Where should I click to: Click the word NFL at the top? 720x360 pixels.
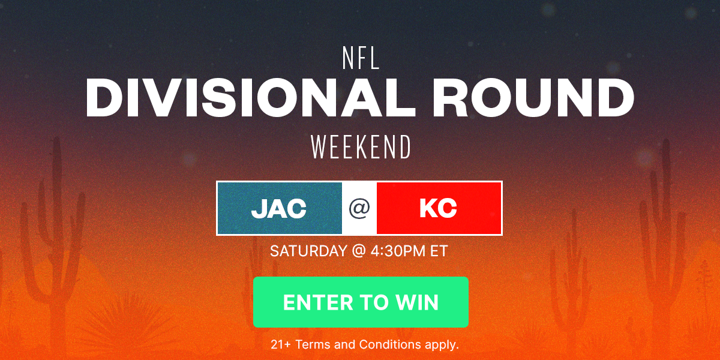[x=361, y=58]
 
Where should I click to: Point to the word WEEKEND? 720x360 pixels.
[x=361, y=147]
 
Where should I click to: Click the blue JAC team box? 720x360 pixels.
[x=280, y=208]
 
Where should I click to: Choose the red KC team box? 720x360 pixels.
[x=439, y=208]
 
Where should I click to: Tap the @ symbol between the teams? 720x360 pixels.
[x=359, y=208]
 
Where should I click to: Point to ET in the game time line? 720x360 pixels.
[x=439, y=251]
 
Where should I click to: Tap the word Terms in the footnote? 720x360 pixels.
[x=313, y=344]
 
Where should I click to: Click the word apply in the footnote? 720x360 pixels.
[x=442, y=344]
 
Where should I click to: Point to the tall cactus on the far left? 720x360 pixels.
[x=56, y=240]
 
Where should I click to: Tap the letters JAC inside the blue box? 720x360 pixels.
[x=279, y=208]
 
